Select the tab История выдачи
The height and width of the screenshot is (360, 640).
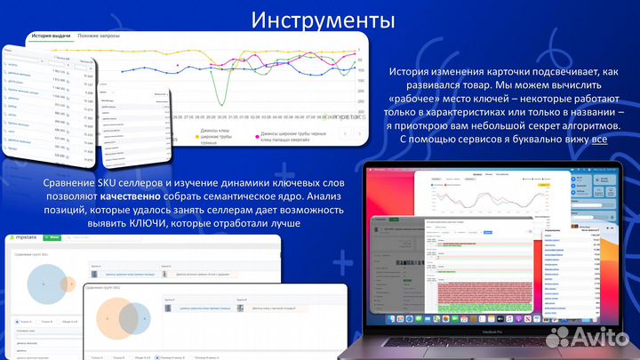[51, 36]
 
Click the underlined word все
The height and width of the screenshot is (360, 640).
[600, 139]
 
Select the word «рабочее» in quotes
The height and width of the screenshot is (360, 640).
[412, 99]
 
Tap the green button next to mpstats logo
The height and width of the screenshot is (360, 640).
[52, 238]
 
